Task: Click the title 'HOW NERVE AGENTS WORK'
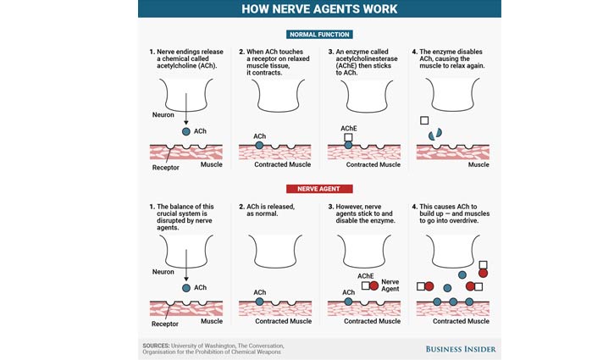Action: click(x=319, y=9)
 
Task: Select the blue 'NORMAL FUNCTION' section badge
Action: click(x=319, y=35)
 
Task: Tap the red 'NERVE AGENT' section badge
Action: click(x=319, y=189)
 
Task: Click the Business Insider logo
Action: click(x=461, y=349)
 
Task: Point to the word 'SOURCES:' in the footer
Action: click(x=156, y=346)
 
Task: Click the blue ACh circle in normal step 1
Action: click(x=186, y=131)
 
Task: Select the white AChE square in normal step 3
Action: click(x=348, y=137)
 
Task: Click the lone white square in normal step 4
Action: click(x=424, y=120)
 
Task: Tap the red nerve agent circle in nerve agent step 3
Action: click(x=374, y=285)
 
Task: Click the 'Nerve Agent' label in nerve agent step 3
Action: click(x=390, y=285)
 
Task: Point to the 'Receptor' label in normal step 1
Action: click(x=166, y=167)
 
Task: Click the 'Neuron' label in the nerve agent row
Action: click(x=163, y=271)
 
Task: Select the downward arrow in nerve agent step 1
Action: click(x=186, y=266)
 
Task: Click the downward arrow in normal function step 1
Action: click(x=186, y=109)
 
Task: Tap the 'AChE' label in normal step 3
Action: click(x=349, y=128)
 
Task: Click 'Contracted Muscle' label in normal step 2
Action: click(x=282, y=164)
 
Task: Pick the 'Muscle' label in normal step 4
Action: click(x=478, y=164)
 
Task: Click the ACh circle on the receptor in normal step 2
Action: click(x=259, y=146)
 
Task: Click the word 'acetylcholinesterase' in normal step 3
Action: click(x=367, y=58)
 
